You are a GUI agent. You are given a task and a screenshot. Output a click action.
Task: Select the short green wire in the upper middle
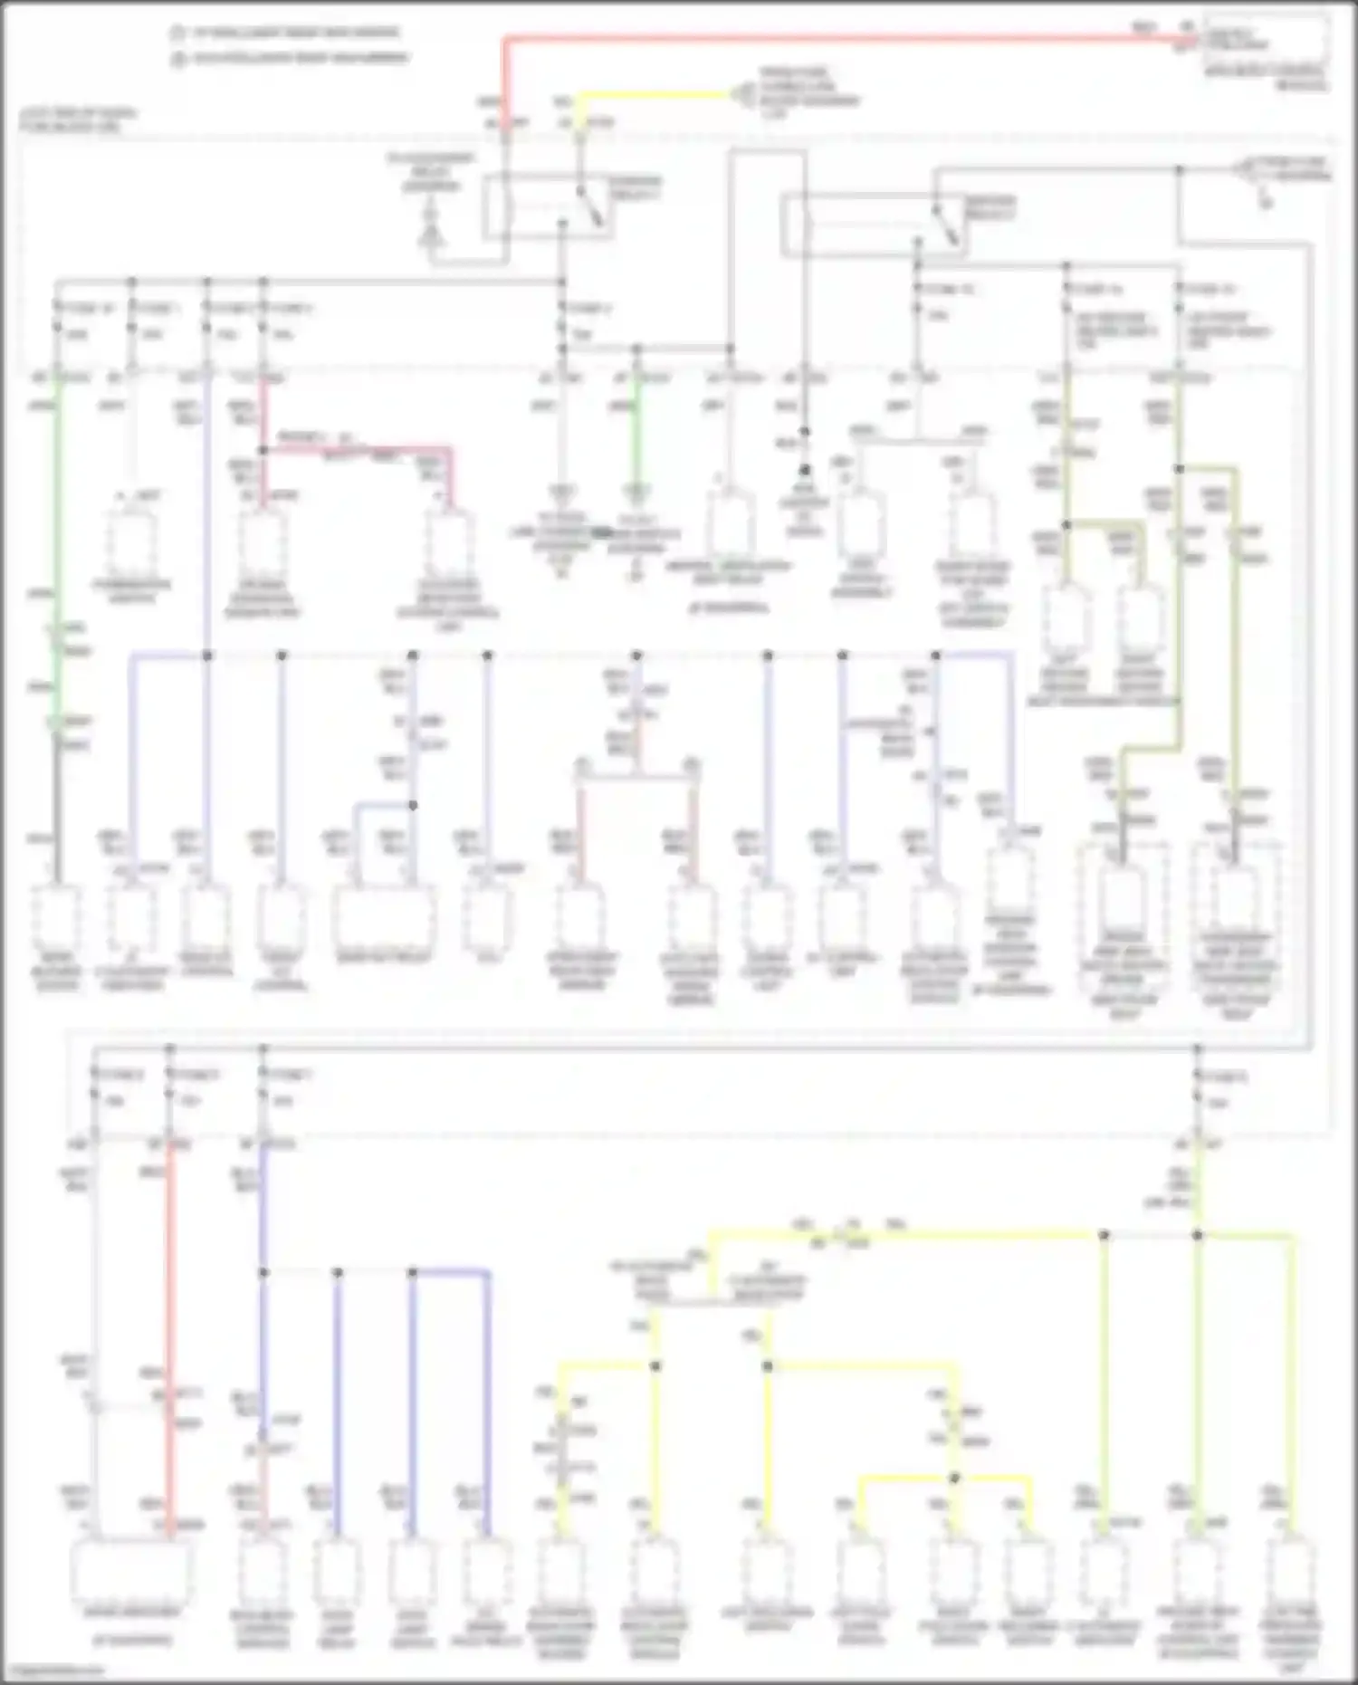636,435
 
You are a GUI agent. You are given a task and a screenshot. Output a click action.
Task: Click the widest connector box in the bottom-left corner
132,1571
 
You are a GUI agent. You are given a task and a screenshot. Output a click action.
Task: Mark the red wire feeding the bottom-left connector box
169,1313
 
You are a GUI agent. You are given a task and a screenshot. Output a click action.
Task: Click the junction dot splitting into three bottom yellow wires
954,1478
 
